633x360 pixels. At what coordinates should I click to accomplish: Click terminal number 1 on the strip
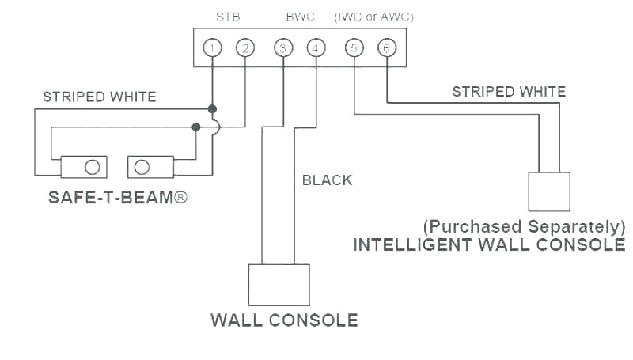(211, 48)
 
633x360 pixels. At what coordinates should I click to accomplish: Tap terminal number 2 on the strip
(245, 48)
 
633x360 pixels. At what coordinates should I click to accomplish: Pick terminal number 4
(316, 48)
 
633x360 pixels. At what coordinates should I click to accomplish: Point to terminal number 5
(353, 48)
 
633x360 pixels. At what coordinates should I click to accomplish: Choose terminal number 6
(387, 48)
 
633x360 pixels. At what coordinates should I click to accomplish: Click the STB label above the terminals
(228, 16)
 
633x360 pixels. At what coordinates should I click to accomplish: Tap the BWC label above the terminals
(299, 16)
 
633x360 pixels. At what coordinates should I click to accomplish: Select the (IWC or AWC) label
(374, 16)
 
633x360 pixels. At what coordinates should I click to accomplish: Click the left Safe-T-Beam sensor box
(83, 166)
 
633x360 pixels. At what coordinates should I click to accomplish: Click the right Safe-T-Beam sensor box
(150, 166)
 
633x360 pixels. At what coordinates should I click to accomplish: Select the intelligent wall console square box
(549, 191)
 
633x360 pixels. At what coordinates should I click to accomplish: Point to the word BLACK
(327, 180)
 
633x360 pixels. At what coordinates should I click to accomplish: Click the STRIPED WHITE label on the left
(99, 97)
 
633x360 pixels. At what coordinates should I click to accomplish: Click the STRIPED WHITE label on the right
(509, 92)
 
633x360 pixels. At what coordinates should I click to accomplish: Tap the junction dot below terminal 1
(212, 108)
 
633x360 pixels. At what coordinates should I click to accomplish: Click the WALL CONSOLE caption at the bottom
(284, 320)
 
